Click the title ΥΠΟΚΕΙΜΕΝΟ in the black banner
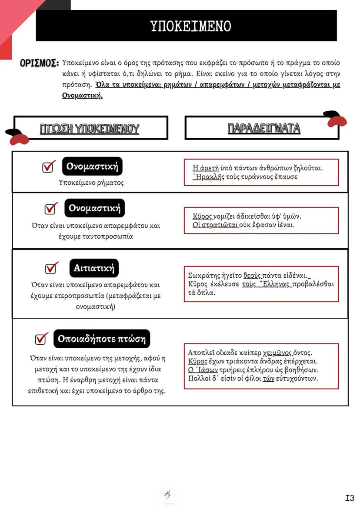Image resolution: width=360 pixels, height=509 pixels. [x=190, y=26]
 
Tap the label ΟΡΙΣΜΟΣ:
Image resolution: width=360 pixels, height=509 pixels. [x=39, y=63]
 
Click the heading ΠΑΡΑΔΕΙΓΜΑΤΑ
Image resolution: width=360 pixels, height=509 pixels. [x=264, y=128]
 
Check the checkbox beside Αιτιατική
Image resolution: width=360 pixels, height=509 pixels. [x=51, y=268]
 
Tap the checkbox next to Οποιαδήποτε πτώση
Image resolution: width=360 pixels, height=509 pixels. [x=41, y=338]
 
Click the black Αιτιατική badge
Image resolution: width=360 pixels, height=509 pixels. [x=94, y=268]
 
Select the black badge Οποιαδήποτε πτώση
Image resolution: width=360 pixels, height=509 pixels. [x=102, y=339]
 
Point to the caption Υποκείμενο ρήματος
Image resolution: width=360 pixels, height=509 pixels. [x=91, y=183]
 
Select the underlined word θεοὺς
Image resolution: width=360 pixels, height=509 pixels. [x=252, y=276]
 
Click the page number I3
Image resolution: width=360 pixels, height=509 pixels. [x=350, y=498]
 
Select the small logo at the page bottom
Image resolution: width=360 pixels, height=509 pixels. [x=168, y=495]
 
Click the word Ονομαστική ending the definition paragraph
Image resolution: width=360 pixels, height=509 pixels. [x=82, y=96]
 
